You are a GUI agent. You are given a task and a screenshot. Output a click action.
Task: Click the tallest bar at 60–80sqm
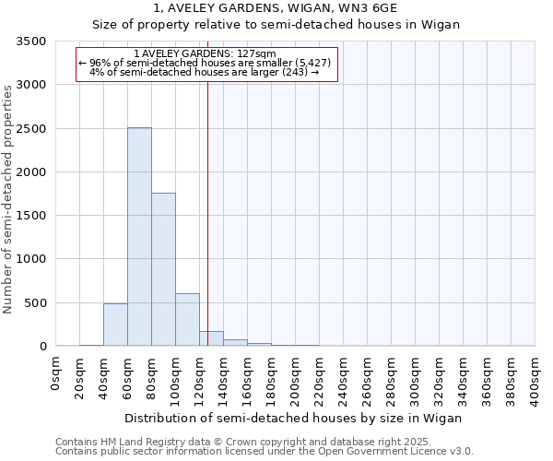[139, 237]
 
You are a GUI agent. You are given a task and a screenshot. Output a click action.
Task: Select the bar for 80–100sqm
[163, 269]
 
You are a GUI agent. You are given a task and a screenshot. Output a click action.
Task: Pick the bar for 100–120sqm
[187, 320]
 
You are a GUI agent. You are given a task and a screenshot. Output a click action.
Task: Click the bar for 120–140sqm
[211, 338]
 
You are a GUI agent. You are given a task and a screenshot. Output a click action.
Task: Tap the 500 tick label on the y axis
[37, 303]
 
